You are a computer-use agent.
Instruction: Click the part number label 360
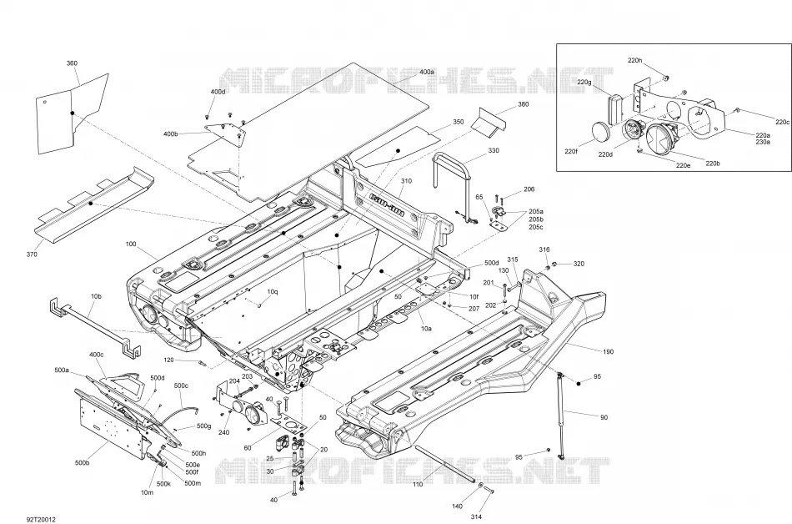tap(72, 63)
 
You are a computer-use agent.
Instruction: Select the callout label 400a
tap(427, 73)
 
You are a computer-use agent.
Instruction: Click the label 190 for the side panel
tap(608, 351)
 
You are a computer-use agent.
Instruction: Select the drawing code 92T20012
tap(42, 520)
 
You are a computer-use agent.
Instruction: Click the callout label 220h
tap(635, 60)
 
